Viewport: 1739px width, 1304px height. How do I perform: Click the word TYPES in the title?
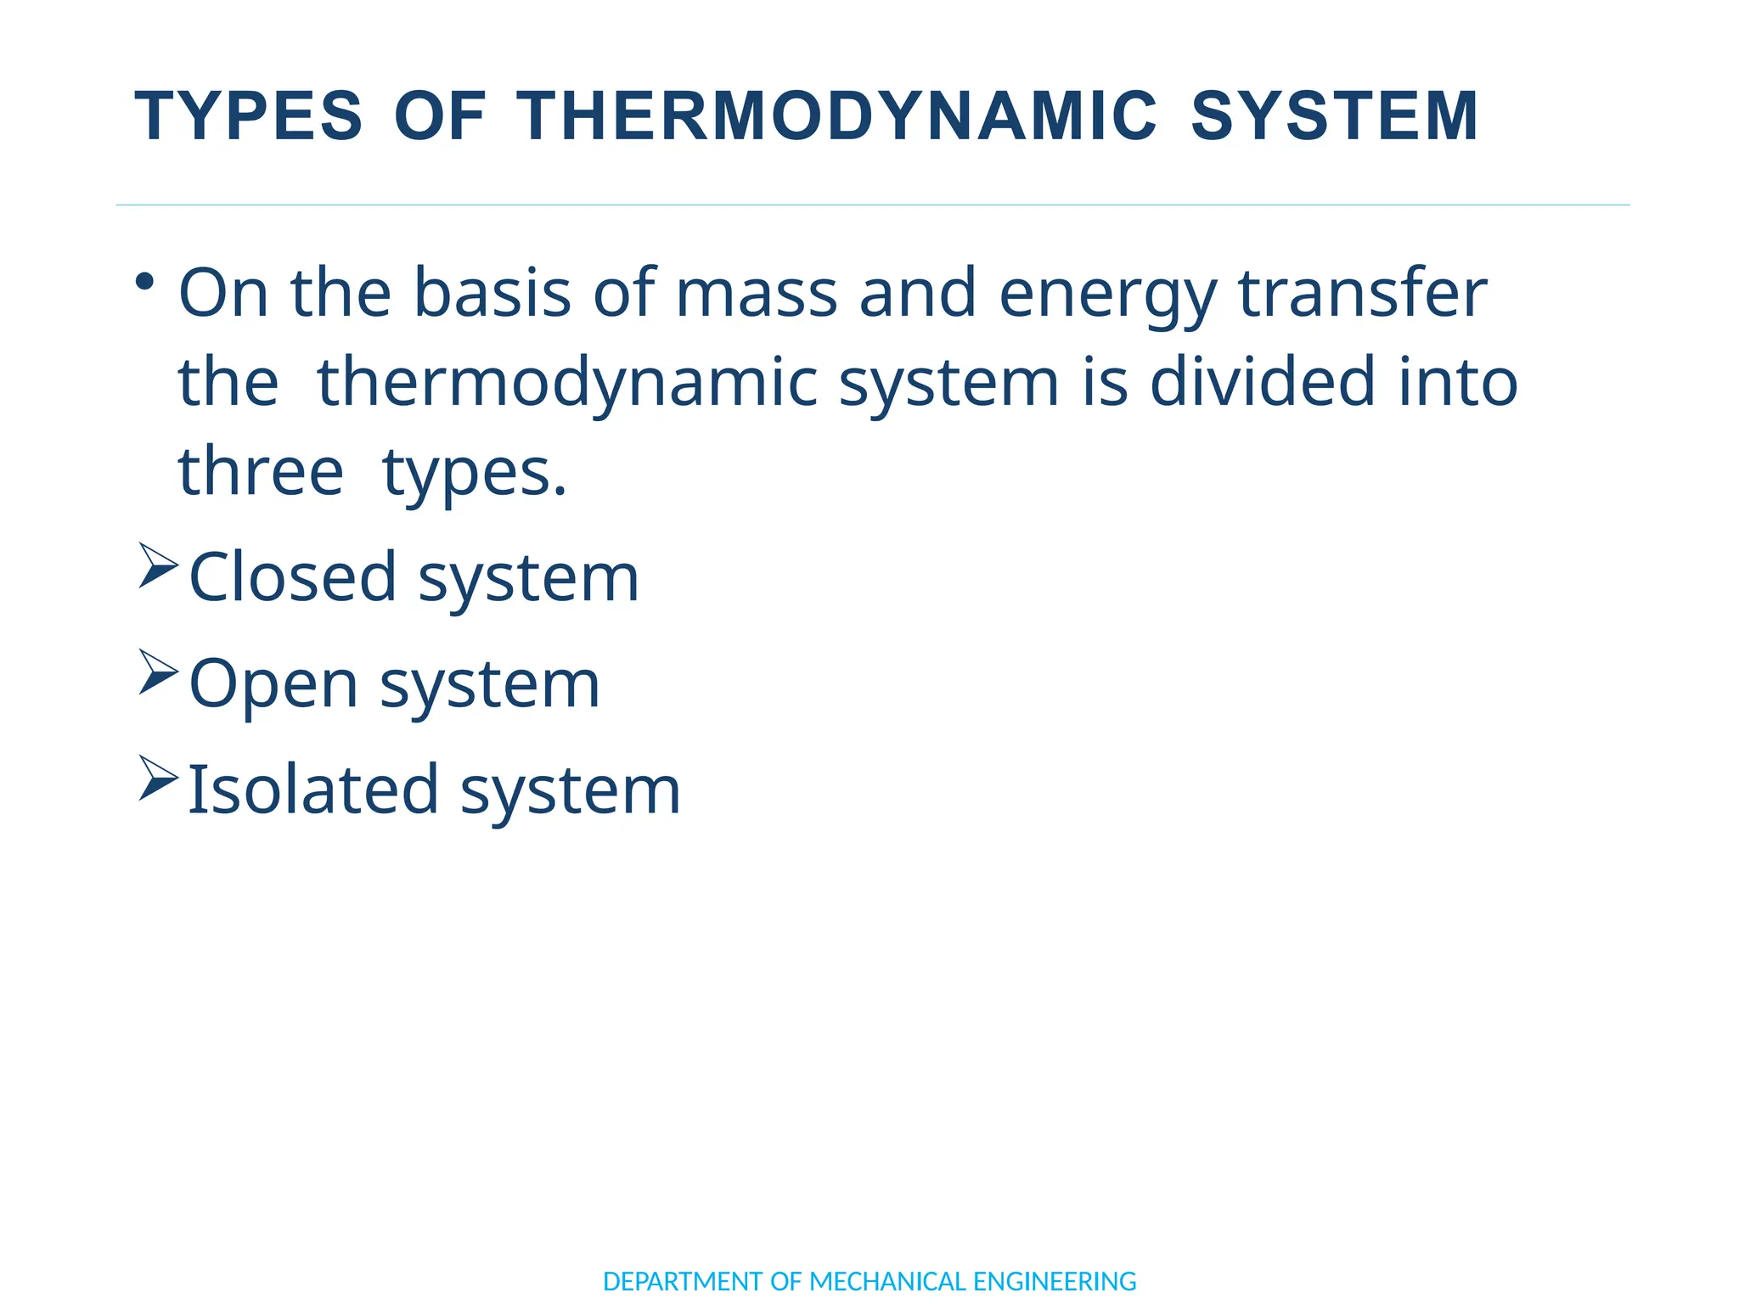249,116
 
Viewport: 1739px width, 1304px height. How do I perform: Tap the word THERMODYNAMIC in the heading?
836,116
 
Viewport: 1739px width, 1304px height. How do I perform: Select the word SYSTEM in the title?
1335,116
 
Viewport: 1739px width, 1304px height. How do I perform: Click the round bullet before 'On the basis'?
145,281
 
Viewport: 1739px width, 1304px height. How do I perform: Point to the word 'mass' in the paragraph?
756,293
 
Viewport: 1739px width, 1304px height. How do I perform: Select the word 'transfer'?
1362,293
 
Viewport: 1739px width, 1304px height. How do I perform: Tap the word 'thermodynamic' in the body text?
566,384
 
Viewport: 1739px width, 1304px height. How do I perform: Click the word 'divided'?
1262,382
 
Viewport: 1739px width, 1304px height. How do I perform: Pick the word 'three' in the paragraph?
261,472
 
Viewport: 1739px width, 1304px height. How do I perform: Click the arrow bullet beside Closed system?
158,565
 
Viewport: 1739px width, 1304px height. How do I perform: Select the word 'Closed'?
293,577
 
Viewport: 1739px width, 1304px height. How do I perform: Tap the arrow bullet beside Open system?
158,672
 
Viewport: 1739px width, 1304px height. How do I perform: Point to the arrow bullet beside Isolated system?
158,778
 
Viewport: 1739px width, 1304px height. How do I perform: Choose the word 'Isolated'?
312,790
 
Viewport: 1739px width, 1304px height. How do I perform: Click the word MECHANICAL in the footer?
887,1281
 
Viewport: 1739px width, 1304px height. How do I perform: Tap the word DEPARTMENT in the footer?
683,1281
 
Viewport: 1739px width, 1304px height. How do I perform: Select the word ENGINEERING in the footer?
1054,1281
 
